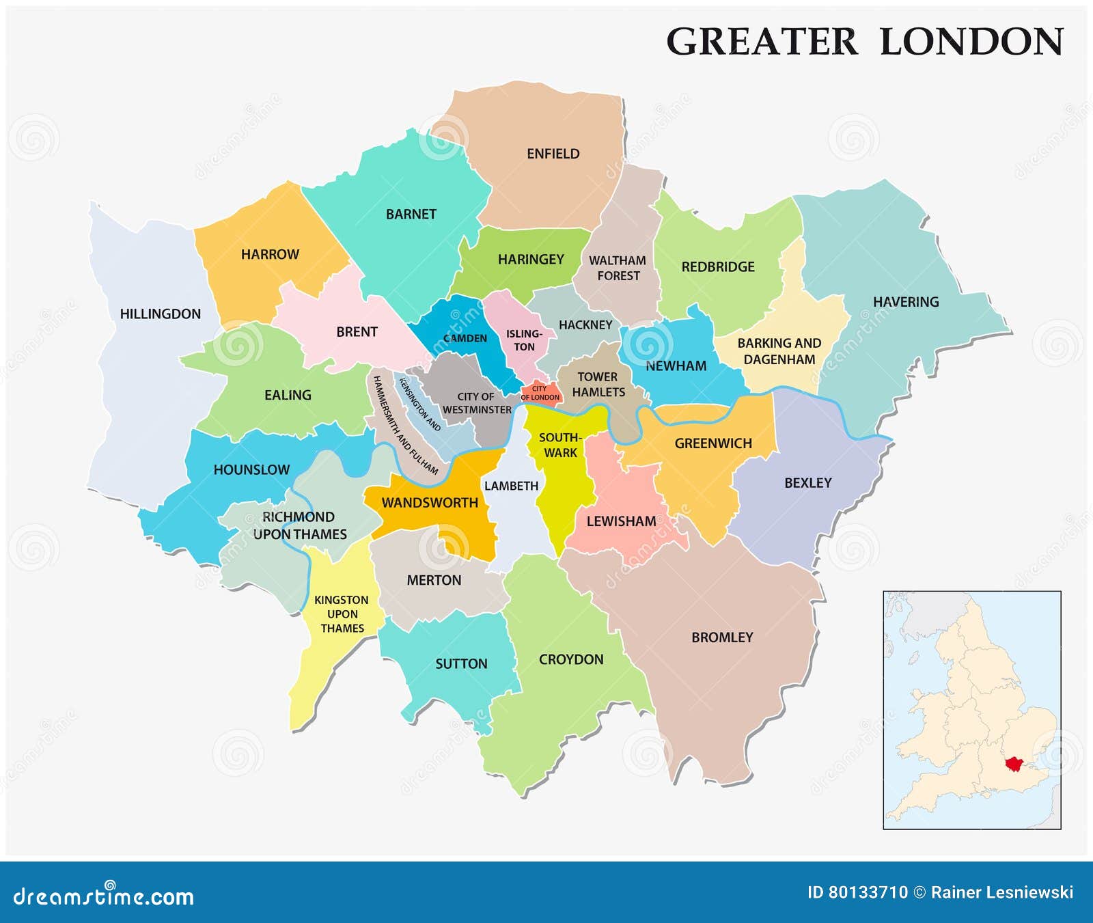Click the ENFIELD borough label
(553, 154)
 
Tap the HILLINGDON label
(161, 314)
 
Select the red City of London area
(540, 393)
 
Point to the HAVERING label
(906, 302)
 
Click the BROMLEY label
(722, 637)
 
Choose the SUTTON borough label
(461, 664)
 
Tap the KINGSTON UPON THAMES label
(342, 614)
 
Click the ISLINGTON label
(524, 340)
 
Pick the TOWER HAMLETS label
(598, 385)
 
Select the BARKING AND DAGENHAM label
(779, 351)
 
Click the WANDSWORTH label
(430, 503)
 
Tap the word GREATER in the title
(761, 42)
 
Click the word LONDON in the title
(971, 42)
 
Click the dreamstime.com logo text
(104, 896)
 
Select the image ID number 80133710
(868, 892)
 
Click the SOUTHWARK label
(560, 445)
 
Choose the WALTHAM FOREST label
(618, 268)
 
